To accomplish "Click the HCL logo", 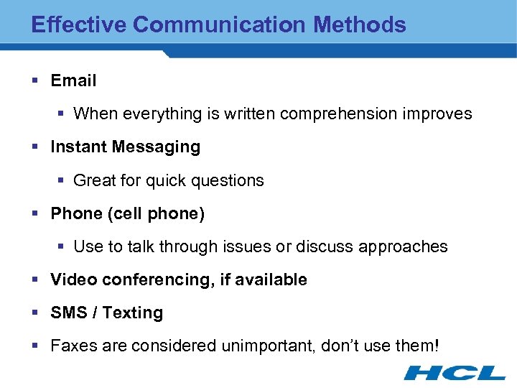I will [455, 372].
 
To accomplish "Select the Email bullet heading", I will [73, 80].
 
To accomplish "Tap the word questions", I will [230, 180].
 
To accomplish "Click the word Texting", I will [133, 313].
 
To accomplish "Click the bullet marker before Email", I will [36, 80].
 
